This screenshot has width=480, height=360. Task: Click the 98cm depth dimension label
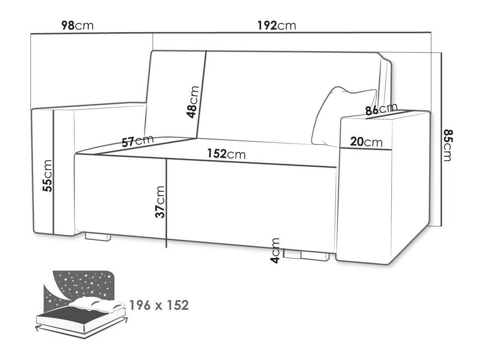point(77,26)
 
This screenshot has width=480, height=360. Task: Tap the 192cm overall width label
point(276,26)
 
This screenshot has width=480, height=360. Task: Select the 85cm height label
point(447,145)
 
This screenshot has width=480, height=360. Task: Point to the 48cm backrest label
point(192,102)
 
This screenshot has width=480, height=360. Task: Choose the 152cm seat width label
point(226,154)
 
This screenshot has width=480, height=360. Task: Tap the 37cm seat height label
point(160,202)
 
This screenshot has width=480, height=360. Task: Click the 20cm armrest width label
point(366,142)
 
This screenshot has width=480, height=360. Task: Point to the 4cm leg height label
point(275,250)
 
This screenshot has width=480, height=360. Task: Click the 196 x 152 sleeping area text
point(159,305)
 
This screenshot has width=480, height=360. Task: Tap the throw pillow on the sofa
point(344,117)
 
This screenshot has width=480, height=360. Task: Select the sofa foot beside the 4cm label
point(315,256)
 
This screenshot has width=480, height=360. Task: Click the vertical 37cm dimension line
point(166,203)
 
